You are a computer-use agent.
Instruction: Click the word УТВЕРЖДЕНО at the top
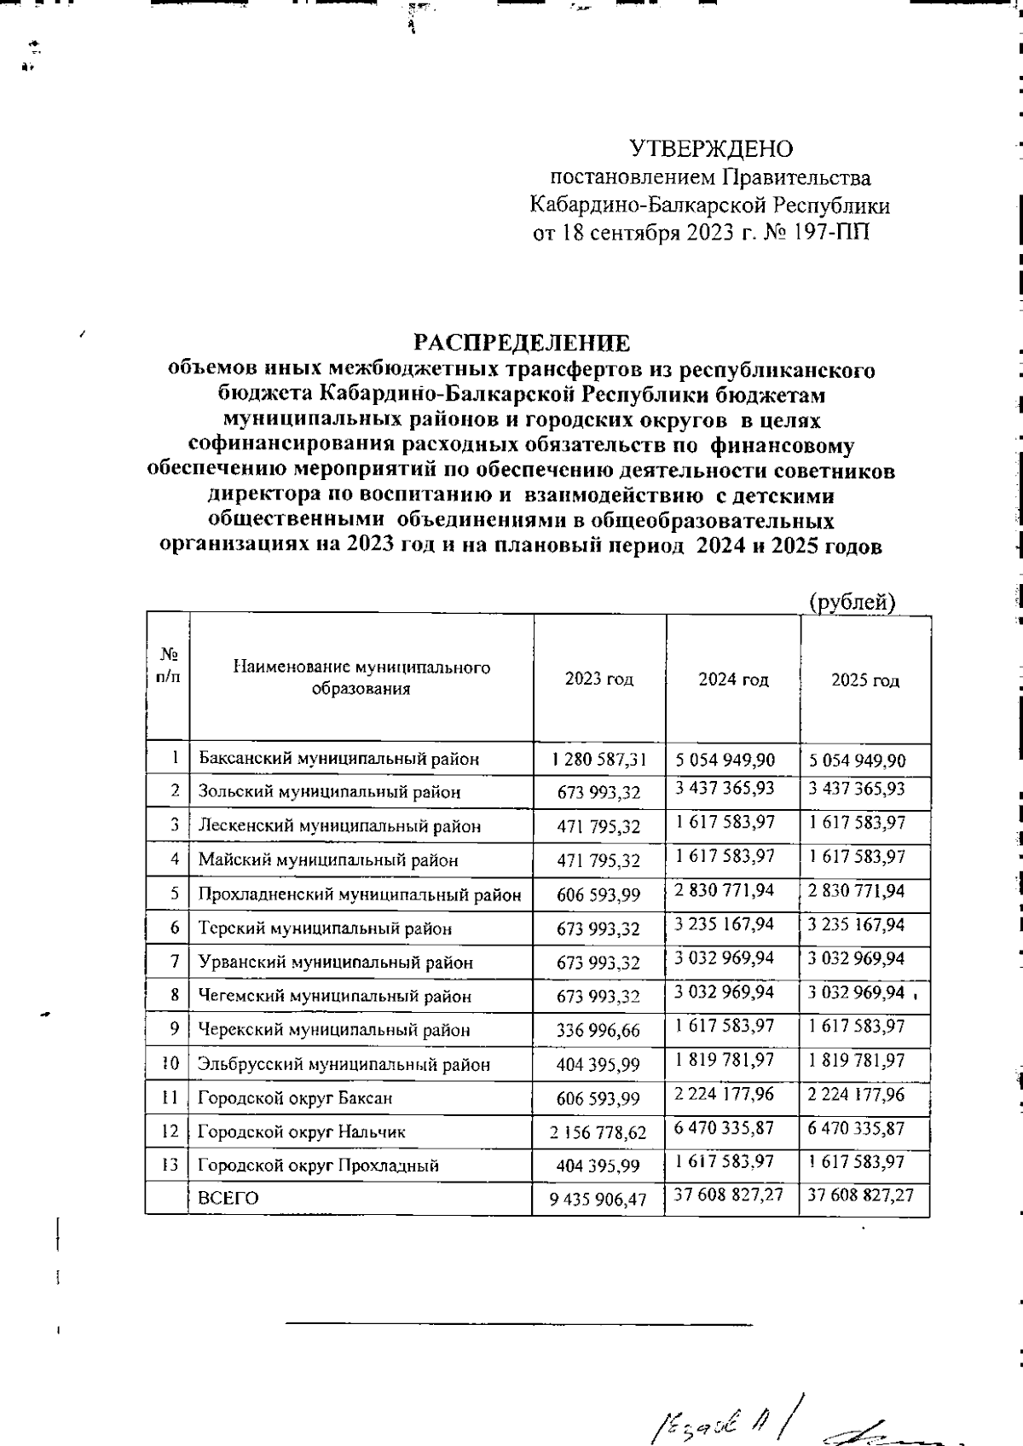click(711, 149)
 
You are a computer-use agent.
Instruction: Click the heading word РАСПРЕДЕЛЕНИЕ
click(522, 343)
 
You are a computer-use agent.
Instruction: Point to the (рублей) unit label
click(852, 602)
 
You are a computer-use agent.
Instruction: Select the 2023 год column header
click(598, 680)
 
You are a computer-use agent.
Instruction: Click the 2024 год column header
click(733, 680)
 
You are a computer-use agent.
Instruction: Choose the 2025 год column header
click(865, 680)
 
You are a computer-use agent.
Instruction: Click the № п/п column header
click(168, 666)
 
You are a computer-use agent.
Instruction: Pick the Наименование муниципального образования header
click(361, 678)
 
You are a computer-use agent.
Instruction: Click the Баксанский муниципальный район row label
click(338, 759)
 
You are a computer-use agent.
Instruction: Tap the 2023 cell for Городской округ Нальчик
click(598, 1133)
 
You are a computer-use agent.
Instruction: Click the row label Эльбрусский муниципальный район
click(344, 1064)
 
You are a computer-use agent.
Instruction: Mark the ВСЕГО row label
click(228, 1198)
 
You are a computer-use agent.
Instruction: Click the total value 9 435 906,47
click(598, 1200)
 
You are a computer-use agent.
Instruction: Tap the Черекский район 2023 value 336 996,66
click(598, 1031)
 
